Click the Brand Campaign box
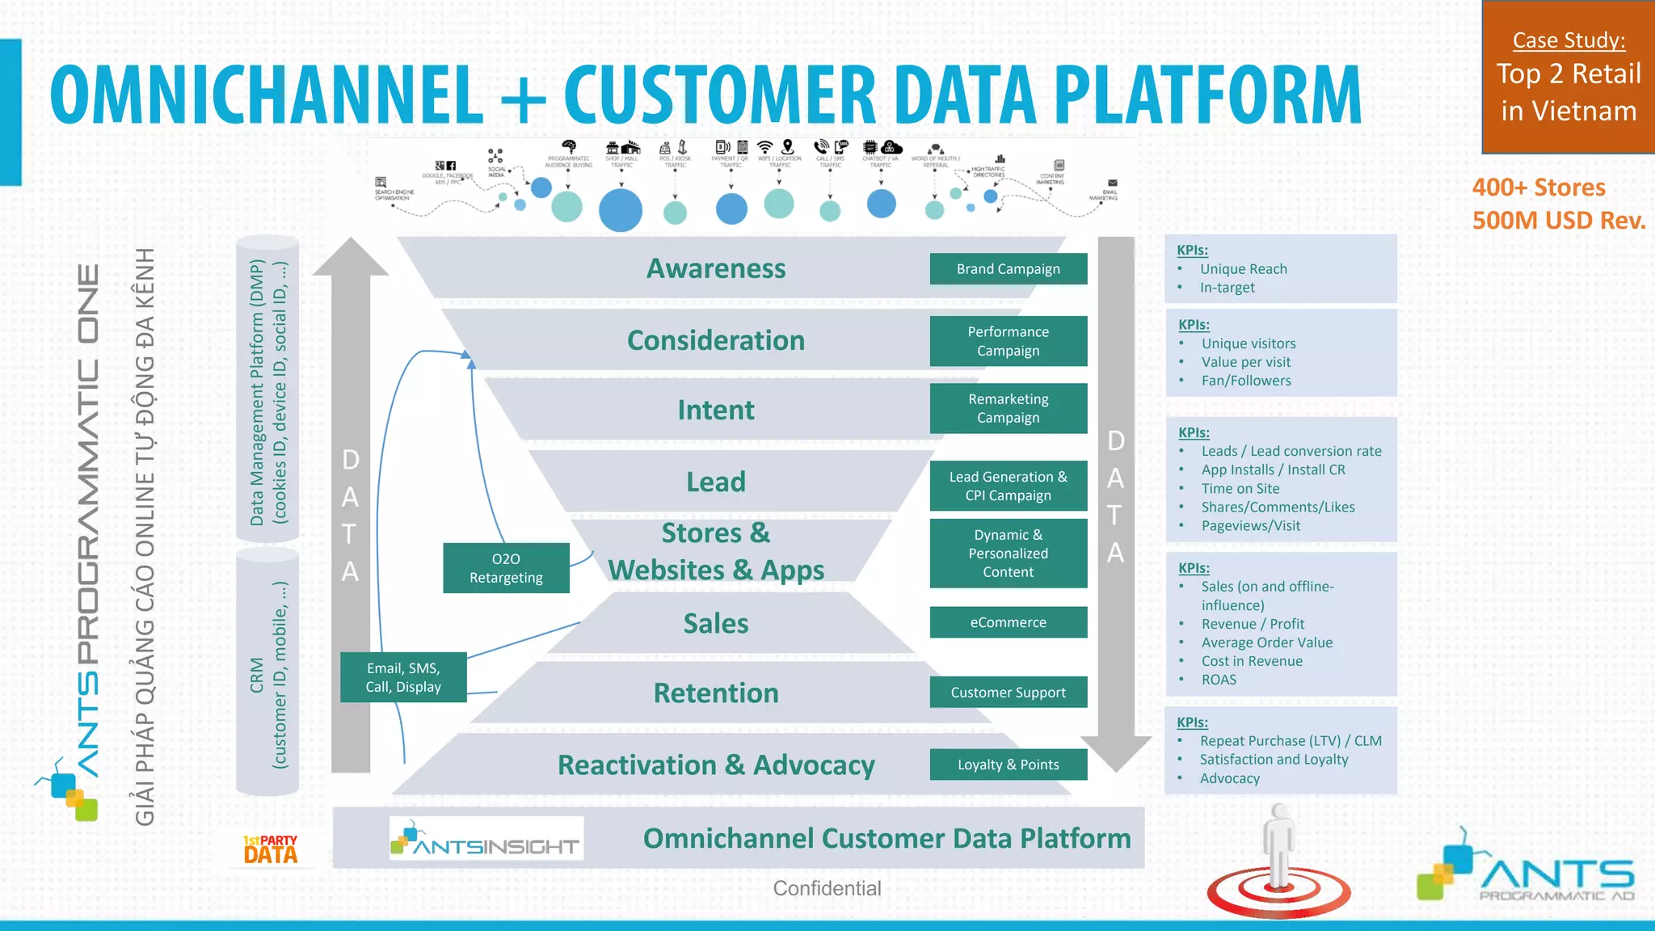click(x=1008, y=269)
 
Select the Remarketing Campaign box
click(x=1008, y=408)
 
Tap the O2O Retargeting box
click(x=506, y=568)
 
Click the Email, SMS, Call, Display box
click(x=403, y=677)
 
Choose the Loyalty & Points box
click(x=1008, y=765)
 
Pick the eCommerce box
click(x=1008, y=622)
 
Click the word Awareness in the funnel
click(x=716, y=268)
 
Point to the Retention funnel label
click(x=716, y=693)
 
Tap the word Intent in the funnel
click(x=716, y=410)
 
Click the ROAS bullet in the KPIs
click(x=1219, y=680)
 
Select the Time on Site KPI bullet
click(x=1240, y=488)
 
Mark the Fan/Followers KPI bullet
click(x=1246, y=381)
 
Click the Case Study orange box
click(x=1568, y=77)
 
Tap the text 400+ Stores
click(x=1539, y=187)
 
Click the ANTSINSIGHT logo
click(x=486, y=839)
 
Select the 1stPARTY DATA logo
click(x=271, y=849)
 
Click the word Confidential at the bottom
click(x=827, y=888)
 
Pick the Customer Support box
click(x=1008, y=693)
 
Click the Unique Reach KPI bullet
click(x=1243, y=269)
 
